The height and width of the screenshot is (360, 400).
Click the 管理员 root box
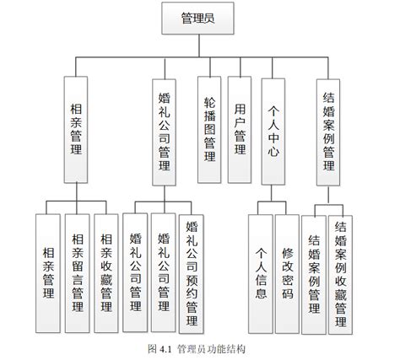coord(197,19)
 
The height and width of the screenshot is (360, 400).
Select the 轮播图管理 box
coord(209,130)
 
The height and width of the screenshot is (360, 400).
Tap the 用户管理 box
coord(240,130)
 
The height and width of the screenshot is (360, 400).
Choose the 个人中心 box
coord(273,132)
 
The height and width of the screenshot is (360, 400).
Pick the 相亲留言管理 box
coord(78,273)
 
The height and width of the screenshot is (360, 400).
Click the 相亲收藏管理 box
coord(106,273)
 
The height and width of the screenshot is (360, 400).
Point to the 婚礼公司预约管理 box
coord(192,274)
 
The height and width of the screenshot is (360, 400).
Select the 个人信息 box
coord(261,274)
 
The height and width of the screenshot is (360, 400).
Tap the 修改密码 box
coord(287,274)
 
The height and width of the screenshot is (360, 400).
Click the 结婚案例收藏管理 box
coord(340,275)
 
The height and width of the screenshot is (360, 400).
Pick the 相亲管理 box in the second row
coord(76,130)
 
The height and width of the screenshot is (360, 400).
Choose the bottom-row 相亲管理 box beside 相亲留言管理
coord(48,273)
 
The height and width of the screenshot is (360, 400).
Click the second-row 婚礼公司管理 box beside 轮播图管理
coord(165,132)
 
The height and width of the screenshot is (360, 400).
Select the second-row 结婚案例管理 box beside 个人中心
coord(328,132)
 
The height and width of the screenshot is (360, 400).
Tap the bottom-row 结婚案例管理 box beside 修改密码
coord(314,275)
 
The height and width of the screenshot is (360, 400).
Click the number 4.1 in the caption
coord(165,349)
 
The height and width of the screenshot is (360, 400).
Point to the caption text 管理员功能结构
coord(211,349)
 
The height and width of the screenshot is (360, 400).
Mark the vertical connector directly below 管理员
coord(199,46)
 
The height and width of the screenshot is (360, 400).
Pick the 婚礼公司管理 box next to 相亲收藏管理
coord(135,273)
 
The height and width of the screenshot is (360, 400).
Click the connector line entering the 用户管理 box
coord(241,67)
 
